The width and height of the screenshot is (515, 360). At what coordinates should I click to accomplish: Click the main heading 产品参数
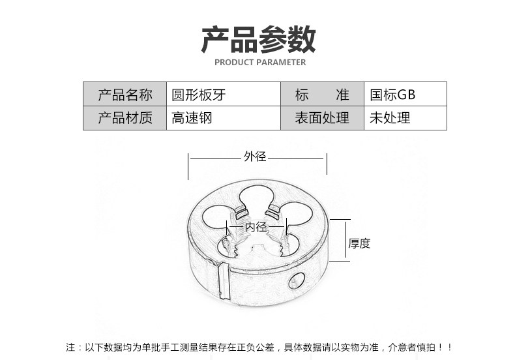click(x=258, y=39)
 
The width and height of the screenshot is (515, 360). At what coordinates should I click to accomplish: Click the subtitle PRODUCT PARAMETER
click(x=259, y=63)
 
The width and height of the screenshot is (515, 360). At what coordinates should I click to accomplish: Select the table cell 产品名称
click(x=125, y=95)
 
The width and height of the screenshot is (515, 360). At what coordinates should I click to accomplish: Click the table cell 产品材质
click(x=125, y=118)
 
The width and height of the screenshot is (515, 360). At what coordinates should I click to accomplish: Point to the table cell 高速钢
click(x=192, y=118)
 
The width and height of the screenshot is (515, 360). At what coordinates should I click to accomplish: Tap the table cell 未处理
click(x=390, y=118)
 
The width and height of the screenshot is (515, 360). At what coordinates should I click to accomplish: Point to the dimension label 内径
click(x=256, y=227)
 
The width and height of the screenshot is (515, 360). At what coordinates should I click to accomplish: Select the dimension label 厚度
click(x=359, y=243)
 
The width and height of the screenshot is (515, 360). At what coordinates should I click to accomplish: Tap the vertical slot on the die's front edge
click(x=223, y=281)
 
